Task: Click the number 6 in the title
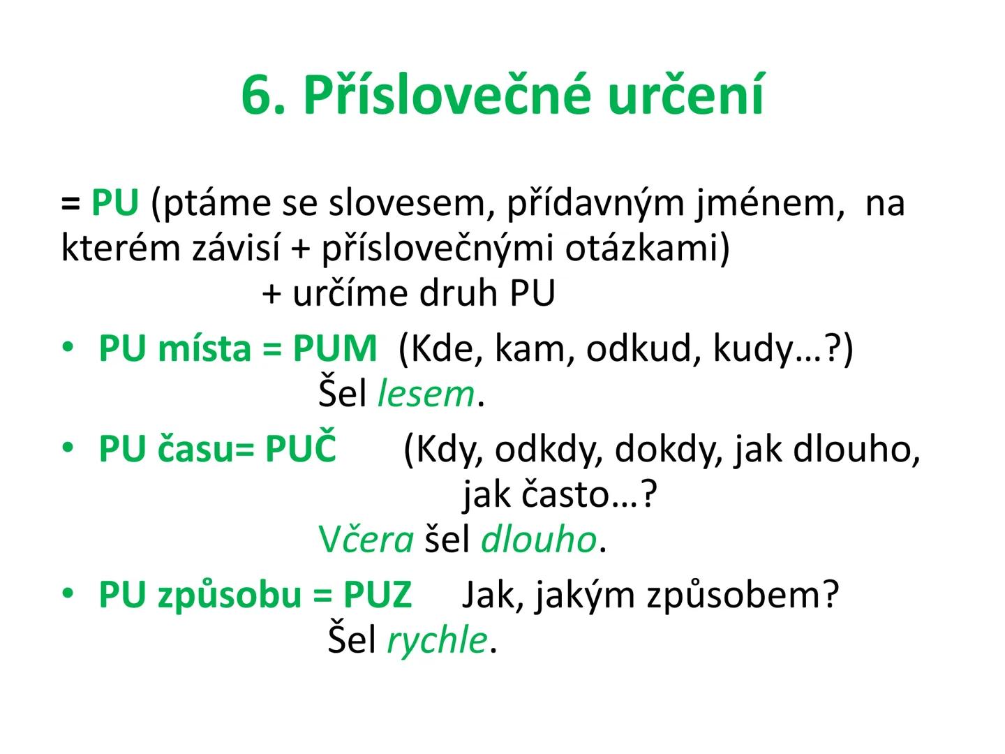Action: pyautogui.click(x=258, y=96)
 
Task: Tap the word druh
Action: pyautogui.click(x=459, y=293)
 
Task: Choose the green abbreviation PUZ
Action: pyautogui.click(x=378, y=595)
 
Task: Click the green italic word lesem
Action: pyautogui.click(x=426, y=393)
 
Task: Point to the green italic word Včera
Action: pyautogui.click(x=366, y=540)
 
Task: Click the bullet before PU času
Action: pyautogui.click(x=68, y=448)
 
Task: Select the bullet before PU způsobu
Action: pyautogui.click(x=68, y=593)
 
